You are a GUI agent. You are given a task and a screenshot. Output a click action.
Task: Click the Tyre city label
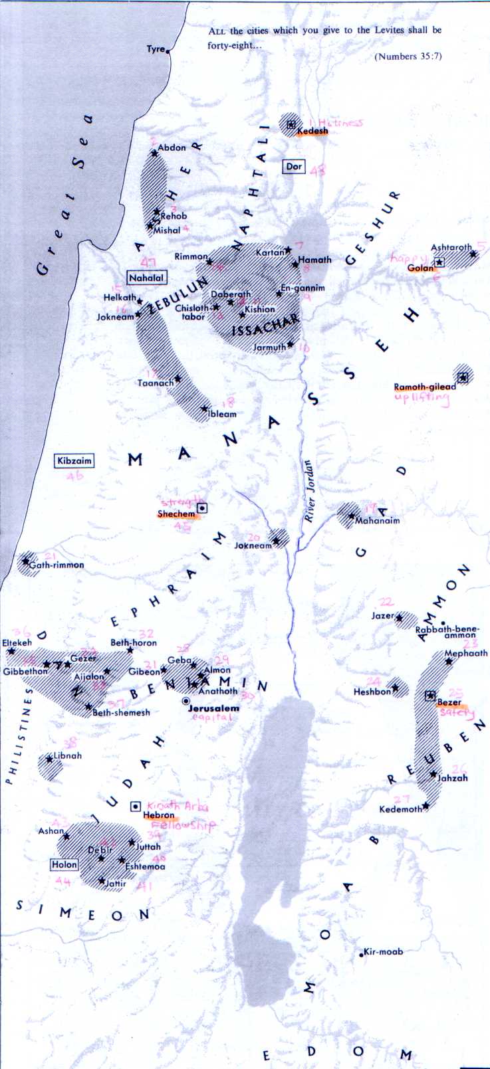click(x=156, y=49)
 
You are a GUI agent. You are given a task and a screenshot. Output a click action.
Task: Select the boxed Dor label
click(x=294, y=167)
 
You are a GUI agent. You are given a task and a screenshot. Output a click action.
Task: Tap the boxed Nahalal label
click(x=147, y=278)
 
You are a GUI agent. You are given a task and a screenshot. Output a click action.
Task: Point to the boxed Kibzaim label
click(x=74, y=461)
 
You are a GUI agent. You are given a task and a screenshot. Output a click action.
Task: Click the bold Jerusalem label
click(x=213, y=708)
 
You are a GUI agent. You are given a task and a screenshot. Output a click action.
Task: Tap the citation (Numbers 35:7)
click(x=408, y=56)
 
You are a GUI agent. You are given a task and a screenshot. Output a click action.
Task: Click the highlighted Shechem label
click(x=177, y=514)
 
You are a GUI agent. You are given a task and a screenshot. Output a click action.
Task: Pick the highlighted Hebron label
click(x=159, y=815)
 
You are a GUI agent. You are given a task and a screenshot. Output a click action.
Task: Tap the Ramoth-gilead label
click(x=424, y=387)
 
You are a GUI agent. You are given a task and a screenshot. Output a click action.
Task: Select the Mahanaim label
click(x=378, y=521)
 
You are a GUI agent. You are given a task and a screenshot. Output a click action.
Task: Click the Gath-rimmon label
click(x=60, y=565)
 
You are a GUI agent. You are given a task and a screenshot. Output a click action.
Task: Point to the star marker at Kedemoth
click(x=426, y=807)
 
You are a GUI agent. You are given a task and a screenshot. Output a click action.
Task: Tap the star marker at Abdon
click(x=155, y=154)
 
